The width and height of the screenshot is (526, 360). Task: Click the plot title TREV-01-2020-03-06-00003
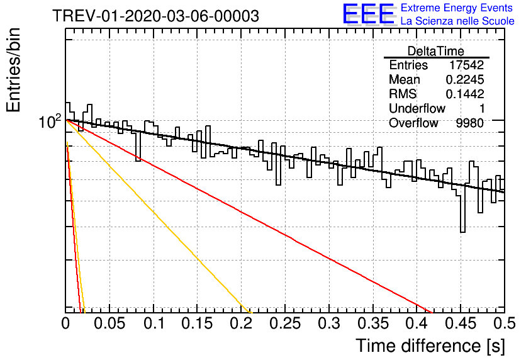click(156, 16)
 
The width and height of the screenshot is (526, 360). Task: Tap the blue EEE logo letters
click(368, 14)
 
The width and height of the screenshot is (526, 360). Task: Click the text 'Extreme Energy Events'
click(457, 8)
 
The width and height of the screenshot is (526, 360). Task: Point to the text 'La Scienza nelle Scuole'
click(457, 21)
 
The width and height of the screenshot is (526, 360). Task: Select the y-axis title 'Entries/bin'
click(13, 70)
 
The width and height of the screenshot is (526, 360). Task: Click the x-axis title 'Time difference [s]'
click(430, 346)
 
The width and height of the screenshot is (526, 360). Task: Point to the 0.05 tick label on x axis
click(109, 323)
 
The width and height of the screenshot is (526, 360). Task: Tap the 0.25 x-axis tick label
click(285, 323)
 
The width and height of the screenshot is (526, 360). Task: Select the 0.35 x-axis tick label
click(373, 323)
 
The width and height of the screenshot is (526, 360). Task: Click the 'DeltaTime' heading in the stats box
click(436, 51)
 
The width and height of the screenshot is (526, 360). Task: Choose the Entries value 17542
click(467, 65)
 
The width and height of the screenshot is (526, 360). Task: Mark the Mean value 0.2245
click(465, 79)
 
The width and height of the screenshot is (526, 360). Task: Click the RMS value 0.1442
click(465, 94)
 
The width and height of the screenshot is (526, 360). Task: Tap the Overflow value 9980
click(469, 123)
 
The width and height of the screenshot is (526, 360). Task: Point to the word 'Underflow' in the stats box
click(417, 108)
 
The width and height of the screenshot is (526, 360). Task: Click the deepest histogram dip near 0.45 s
click(462, 232)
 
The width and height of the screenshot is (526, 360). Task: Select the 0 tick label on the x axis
click(65, 323)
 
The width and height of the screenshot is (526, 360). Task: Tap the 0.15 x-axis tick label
click(198, 323)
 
